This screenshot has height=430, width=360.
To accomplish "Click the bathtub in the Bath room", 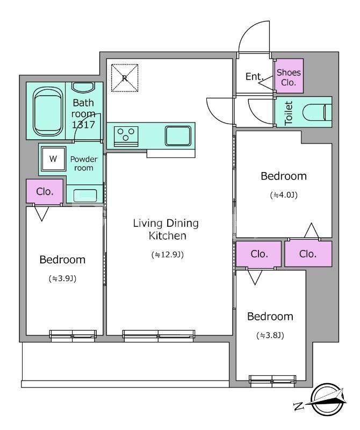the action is (x=47, y=111).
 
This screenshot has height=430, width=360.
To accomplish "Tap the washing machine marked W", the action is (x=54, y=159).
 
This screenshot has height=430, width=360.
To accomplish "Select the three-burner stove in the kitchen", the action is (x=126, y=137).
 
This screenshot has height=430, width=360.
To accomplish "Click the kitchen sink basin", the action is (x=178, y=136).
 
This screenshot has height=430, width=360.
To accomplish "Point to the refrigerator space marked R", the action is (x=125, y=78).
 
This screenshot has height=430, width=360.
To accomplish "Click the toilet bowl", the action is (x=317, y=112).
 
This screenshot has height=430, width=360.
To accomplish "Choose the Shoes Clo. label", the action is (x=289, y=77).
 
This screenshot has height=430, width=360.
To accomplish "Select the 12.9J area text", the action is (x=168, y=255).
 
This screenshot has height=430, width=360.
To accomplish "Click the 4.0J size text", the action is (x=284, y=195).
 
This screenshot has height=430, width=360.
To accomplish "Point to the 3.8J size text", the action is (x=270, y=335).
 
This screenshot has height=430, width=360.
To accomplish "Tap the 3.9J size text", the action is (x=62, y=278).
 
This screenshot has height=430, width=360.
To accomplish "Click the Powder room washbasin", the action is (x=85, y=195).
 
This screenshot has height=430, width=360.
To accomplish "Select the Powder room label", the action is (x=84, y=163).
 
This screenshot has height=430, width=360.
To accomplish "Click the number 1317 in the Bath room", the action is (x=83, y=125).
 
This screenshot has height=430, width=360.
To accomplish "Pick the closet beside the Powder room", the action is (x=45, y=191).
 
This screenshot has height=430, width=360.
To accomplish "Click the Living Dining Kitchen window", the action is (x=159, y=335).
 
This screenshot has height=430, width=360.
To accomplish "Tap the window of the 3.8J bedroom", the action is (x=272, y=379).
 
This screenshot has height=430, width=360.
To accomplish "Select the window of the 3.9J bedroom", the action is (x=73, y=335).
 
